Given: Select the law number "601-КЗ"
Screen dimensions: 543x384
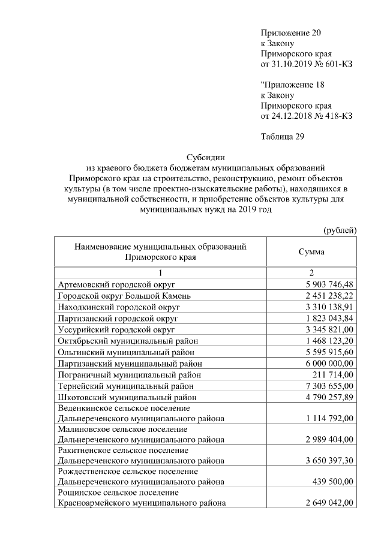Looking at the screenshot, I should (337, 64).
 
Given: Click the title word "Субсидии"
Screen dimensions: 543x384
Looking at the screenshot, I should (206, 157).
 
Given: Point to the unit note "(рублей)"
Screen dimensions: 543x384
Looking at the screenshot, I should (340, 230).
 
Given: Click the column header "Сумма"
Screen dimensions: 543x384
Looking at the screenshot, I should (311, 252).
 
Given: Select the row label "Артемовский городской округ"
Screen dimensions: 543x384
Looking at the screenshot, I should (115, 284).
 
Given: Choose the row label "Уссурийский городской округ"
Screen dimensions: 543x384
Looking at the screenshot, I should (116, 329).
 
